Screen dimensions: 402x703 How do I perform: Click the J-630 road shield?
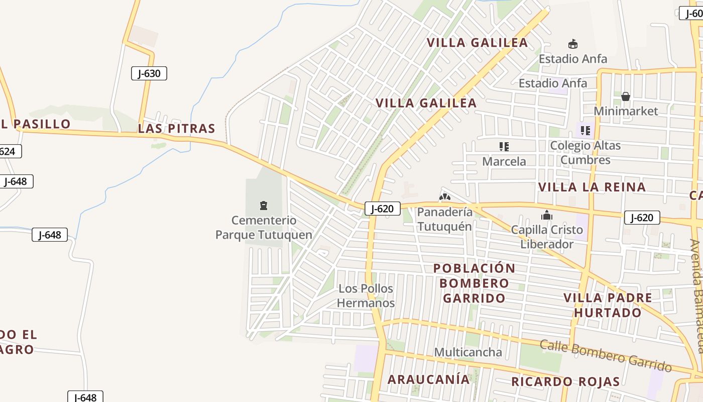coord(149,73)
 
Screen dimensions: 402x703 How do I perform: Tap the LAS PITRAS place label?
coord(176,129)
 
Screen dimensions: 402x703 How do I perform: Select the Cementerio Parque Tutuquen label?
coord(264,228)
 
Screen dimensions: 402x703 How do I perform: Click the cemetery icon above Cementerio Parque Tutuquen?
coord(263,205)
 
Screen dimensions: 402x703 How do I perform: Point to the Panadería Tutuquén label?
coord(445,219)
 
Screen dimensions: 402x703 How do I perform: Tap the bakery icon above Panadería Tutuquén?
coord(445,196)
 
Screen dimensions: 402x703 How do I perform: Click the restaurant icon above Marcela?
coord(504,147)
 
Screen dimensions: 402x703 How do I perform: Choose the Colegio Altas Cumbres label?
coord(585,153)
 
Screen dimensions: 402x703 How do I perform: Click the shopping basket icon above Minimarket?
coord(626,96)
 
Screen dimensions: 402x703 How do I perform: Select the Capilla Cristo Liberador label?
coord(547,237)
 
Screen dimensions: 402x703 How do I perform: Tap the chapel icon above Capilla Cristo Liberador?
coord(547,216)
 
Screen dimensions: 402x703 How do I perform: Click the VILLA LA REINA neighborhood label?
coord(592,187)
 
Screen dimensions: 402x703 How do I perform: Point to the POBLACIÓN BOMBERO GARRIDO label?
coord(474,283)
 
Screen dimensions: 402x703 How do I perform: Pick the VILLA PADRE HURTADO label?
coord(608,305)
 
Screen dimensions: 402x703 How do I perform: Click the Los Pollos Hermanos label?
coord(366,296)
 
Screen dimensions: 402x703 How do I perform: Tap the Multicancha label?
coord(468,352)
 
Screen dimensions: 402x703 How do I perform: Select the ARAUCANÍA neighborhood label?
coord(428,379)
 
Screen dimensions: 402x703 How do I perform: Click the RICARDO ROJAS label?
coord(565,381)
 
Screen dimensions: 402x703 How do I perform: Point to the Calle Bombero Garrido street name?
coord(606,355)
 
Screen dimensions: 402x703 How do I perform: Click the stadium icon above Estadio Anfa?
coord(572,44)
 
